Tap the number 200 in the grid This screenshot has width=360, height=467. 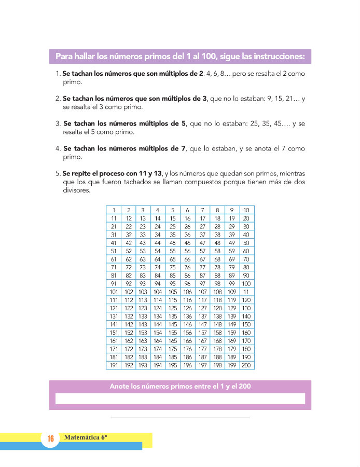(246, 365)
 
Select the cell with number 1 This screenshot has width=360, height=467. (113, 210)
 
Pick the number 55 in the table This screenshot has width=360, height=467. (172, 251)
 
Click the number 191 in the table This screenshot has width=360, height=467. (113, 365)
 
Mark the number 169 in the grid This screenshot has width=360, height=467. (232, 341)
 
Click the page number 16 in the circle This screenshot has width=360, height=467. (51, 439)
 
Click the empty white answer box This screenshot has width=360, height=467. (180, 399)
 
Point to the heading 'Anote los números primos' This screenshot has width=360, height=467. (181, 387)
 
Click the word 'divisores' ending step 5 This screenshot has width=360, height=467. (77, 190)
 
